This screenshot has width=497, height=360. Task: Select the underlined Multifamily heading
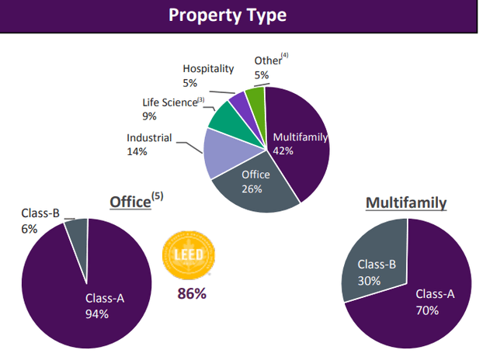tap(406, 203)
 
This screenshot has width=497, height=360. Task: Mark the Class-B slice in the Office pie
tap(77, 230)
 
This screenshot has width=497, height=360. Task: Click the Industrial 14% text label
tap(150, 145)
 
